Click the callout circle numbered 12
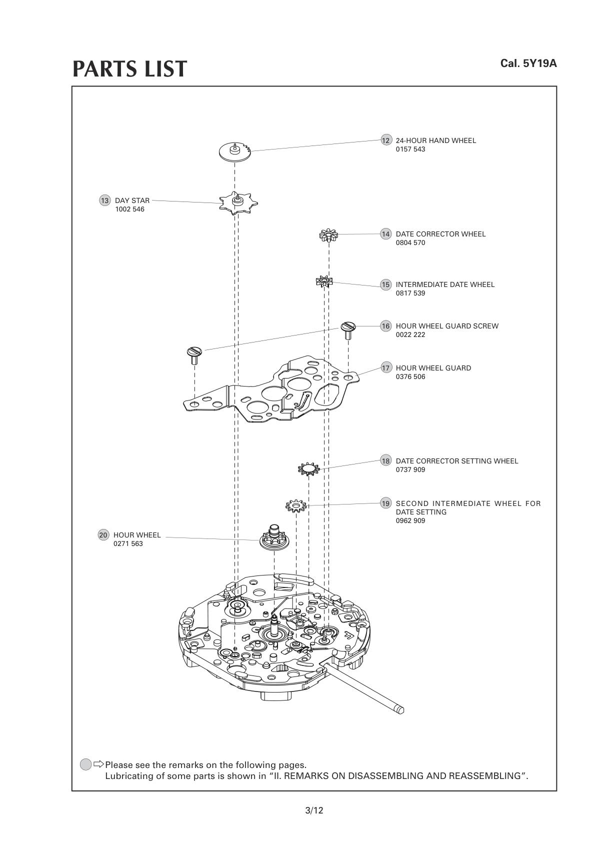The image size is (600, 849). click(x=386, y=140)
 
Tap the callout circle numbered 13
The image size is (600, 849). click(x=104, y=200)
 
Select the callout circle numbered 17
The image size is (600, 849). click(x=386, y=368)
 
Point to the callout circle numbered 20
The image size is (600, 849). click(x=103, y=535)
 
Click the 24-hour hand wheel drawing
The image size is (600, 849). click(x=234, y=151)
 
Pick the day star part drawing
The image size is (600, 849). click(x=238, y=202)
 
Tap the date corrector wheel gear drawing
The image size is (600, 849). click(x=328, y=234)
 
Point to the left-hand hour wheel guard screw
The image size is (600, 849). click(x=193, y=353)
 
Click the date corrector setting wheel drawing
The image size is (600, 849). click(x=308, y=468)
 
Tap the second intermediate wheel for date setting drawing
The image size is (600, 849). click(x=295, y=506)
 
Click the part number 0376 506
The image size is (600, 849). click(x=410, y=377)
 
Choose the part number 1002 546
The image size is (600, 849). click(x=129, y=209)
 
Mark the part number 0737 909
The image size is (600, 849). click(x=410, y=470)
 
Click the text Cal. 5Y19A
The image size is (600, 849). click(x=528, y=63)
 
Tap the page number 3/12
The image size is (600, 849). click(x=314, y=810)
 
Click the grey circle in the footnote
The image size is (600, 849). click(x=86, y=764)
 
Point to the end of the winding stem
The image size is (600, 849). click(x=399, y=709)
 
